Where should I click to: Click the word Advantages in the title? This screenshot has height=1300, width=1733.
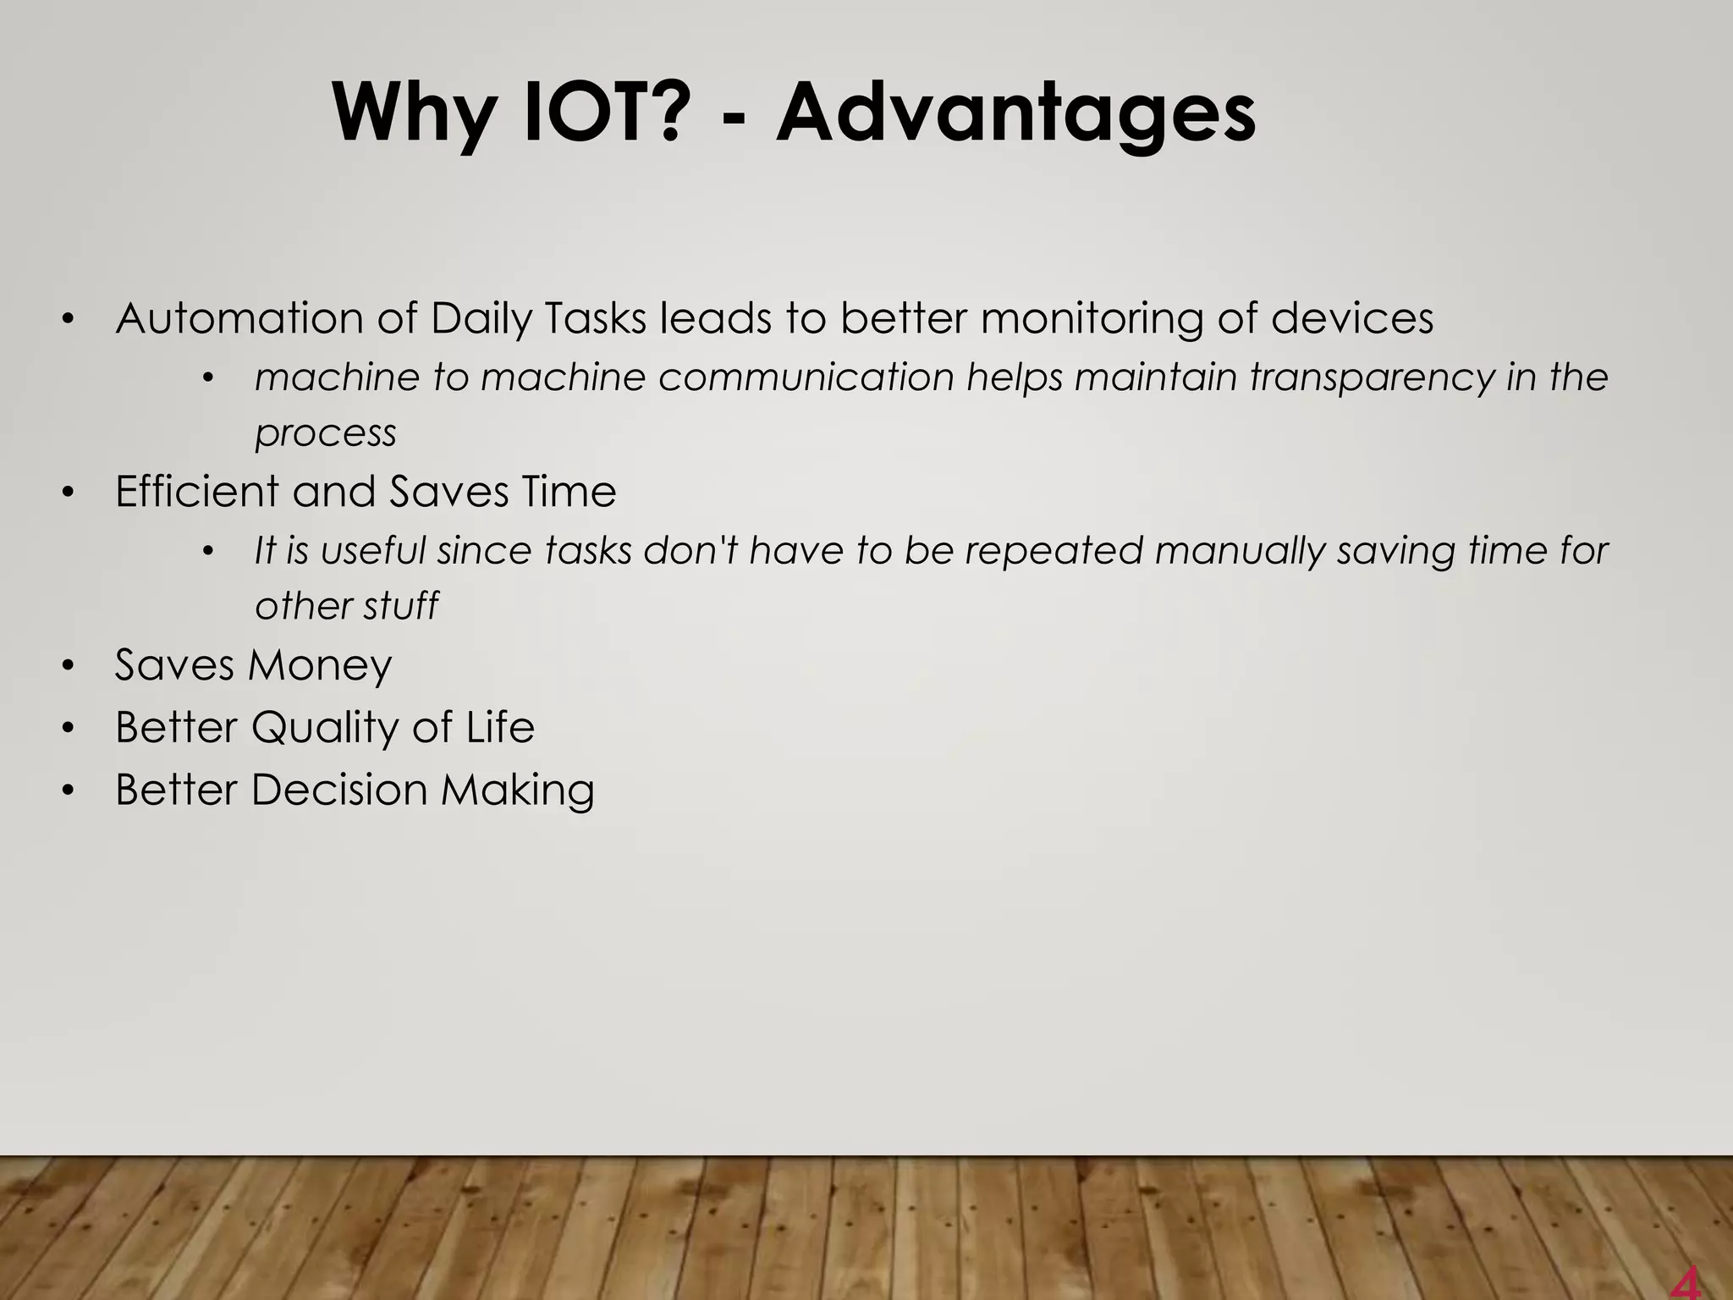pyautogui.click(x=1015, y=114)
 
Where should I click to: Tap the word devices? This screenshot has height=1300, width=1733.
pyautogui.click(x=1351, y=319)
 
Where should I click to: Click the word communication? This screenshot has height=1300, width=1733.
pyautogui.click(x=806, y=377)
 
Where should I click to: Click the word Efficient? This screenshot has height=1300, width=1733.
pyautogui.click(x=197, y=492)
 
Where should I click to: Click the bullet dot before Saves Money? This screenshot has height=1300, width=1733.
pyautogui.click(x=69, y=666)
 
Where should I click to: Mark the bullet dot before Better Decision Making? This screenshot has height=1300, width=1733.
pyautogui.click(x=69, y=790)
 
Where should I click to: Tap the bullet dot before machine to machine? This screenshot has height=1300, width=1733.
pyautogui.click(x=208, y=378)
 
